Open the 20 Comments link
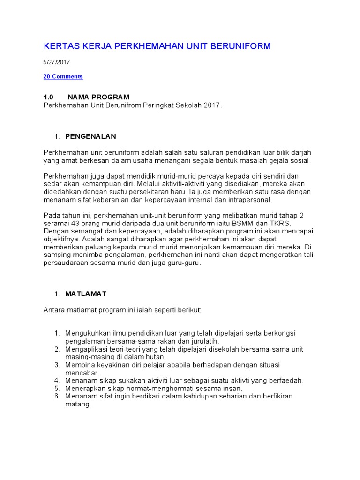(x=63, y=76)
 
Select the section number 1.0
(x=49, y=97)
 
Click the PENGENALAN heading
(x=90, y=136)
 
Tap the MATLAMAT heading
(x=86, y=294)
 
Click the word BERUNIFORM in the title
(x=241, y=46)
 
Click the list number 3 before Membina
(x=57, y=364)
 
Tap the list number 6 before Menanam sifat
(x=57, y=396)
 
